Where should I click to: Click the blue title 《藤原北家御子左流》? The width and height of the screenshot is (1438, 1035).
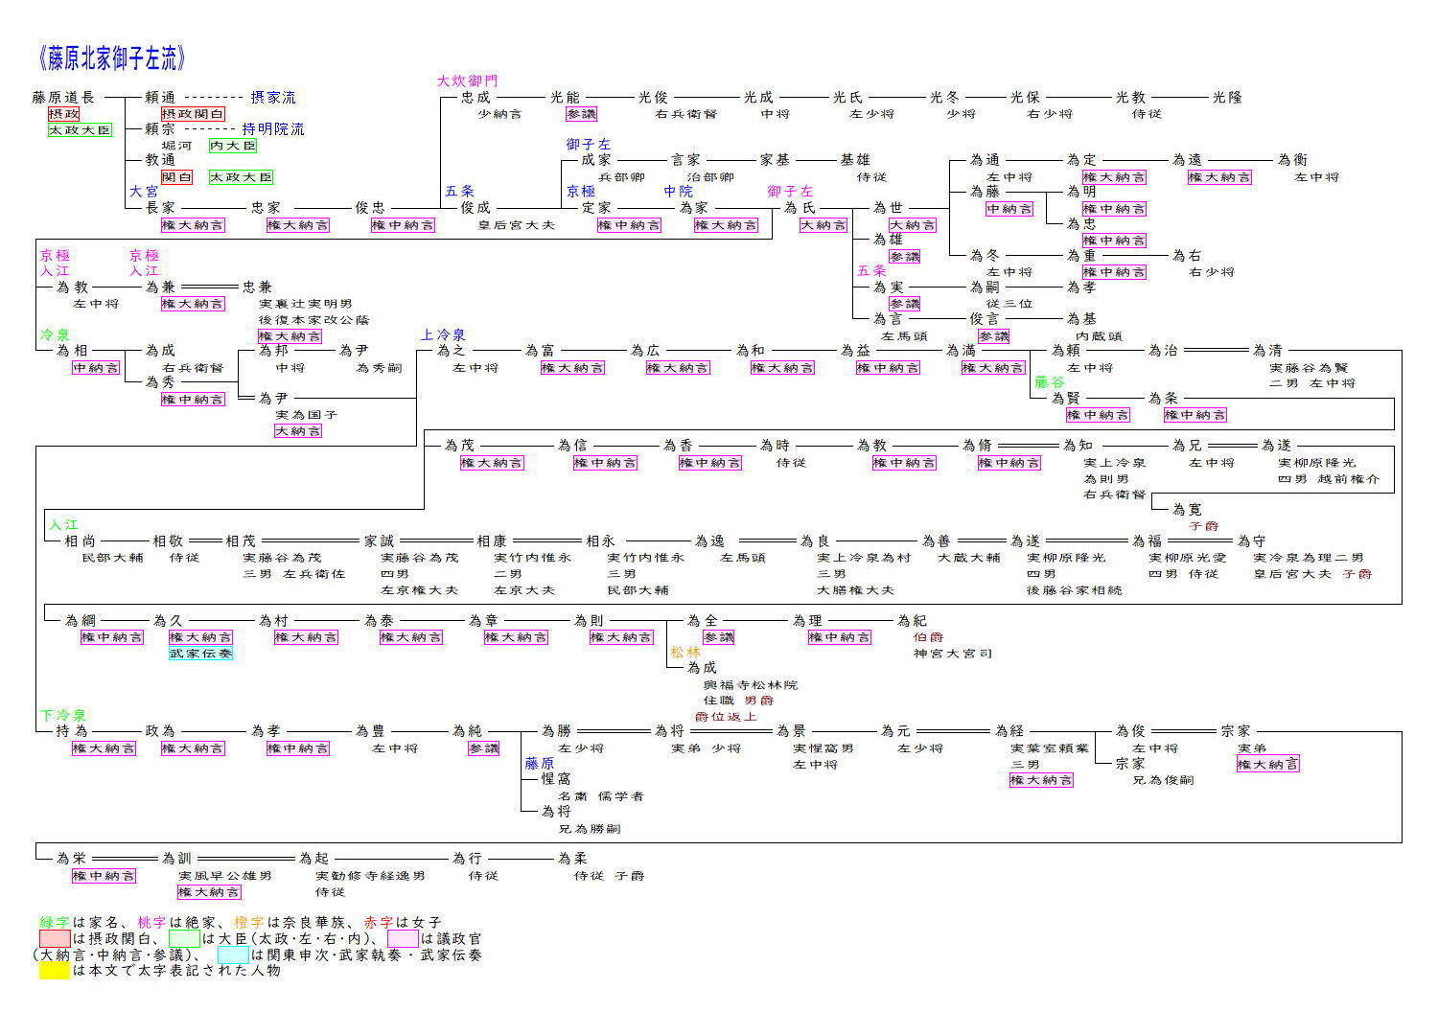pyautogui.click(x=112, y=59)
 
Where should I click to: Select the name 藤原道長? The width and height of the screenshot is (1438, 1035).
pyautogui.click(x=64, y=97)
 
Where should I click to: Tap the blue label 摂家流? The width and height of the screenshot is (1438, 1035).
pyautogui.click(x=273, y=97)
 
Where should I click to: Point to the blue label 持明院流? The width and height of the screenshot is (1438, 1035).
pyautogui.click(x=273, y=128)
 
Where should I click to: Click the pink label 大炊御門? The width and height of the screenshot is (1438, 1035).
pyautogui.click(x=468, y=80)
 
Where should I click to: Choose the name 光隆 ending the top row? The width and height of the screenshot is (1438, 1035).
pyautogui.click(x=1227, y=97)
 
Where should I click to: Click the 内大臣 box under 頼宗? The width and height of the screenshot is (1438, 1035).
pyautogui.click(x=233, y=146)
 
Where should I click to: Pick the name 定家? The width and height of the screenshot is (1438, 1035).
pyautogui.click(x=596, y=207)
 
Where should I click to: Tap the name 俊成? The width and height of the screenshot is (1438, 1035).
pyautogui.click(x=475, y=207)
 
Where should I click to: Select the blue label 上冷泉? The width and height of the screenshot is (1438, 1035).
pyautogui.click(x=443, y=334)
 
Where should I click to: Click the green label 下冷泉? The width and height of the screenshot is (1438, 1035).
pyautogui.click(x=63, y=715)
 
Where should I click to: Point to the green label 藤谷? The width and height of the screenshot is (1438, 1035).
pyautogui.click(x=1050, y=382)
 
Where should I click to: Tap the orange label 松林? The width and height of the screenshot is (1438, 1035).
pyautogui.click(x=685, y=652)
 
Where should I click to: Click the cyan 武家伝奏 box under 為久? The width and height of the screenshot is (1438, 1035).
pyautogui.click(x=200, y=654)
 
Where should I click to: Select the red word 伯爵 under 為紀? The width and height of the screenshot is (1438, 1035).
pyautogui.click(x=928, y=637)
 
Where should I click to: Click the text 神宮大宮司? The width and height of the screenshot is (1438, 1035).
pyautogui.click(x=953, y=654)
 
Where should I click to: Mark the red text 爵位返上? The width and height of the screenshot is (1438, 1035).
pyautogui.click(x=726, y=717)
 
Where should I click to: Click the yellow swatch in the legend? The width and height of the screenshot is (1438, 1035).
pyautogui.click(x=54, y=970)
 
